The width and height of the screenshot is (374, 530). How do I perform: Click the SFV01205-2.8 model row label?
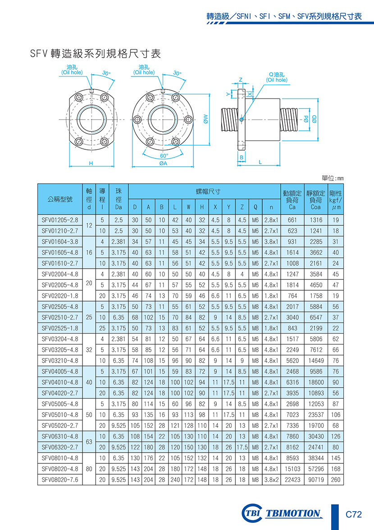[60, 220]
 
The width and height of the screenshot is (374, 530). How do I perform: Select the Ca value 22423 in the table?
[292, 480]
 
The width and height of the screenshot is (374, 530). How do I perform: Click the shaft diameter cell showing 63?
[89, 442]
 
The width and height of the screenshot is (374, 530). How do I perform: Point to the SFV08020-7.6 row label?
[60, 480]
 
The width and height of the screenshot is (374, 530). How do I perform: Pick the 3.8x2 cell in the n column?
[271, 480]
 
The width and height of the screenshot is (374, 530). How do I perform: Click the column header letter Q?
[255, 207]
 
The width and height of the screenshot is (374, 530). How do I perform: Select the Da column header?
[119, 207]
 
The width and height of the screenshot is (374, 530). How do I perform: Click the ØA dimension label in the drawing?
[163, 164]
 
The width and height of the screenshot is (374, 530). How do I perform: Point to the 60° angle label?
[164, 156]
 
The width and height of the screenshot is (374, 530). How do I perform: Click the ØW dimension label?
[206, 119]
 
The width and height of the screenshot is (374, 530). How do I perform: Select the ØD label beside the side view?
[315, 119]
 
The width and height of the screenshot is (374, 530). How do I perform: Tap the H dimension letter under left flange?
[91, 164]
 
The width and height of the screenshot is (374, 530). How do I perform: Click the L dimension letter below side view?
[260, 162]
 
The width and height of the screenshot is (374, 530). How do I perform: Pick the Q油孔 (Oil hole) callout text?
[277, 77]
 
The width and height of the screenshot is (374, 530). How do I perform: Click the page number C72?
[354, 514]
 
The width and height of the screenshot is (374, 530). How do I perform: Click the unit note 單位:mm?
[333, 179]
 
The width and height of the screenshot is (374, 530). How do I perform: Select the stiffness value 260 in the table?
[336, 480]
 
